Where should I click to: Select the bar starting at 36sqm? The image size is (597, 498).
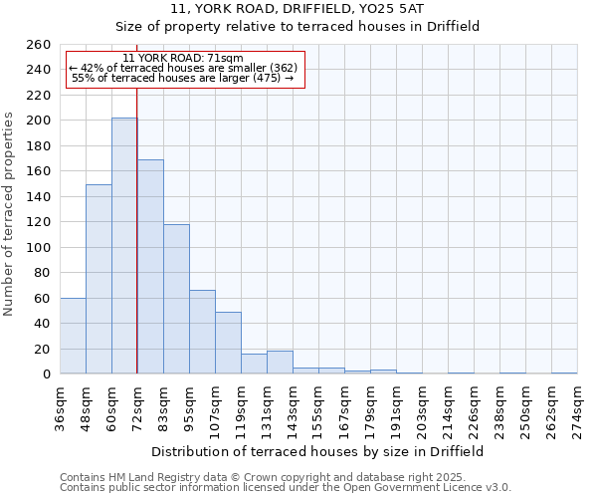(73, 336)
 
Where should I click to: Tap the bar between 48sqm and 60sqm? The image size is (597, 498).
(99, 279)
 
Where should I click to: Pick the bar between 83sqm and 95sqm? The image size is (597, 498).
(176, 299)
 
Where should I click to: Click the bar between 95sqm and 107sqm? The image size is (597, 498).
(202, 332)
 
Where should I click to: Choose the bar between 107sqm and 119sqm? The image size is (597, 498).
(228, 343)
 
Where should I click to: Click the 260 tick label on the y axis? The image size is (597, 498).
(39, 45)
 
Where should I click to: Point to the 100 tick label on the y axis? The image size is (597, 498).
(39, 247)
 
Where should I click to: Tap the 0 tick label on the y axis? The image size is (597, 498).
(47, 374)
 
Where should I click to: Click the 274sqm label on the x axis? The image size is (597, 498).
(577, 407)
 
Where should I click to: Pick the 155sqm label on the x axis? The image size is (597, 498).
(319, 407)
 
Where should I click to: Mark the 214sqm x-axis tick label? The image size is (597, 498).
(449, 407)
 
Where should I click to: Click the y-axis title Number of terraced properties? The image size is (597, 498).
(10, 214)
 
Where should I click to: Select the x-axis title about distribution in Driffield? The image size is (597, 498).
(317, 451)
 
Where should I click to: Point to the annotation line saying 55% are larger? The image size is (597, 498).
(183, 78)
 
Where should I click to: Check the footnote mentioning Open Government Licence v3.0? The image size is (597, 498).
(285, 488)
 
